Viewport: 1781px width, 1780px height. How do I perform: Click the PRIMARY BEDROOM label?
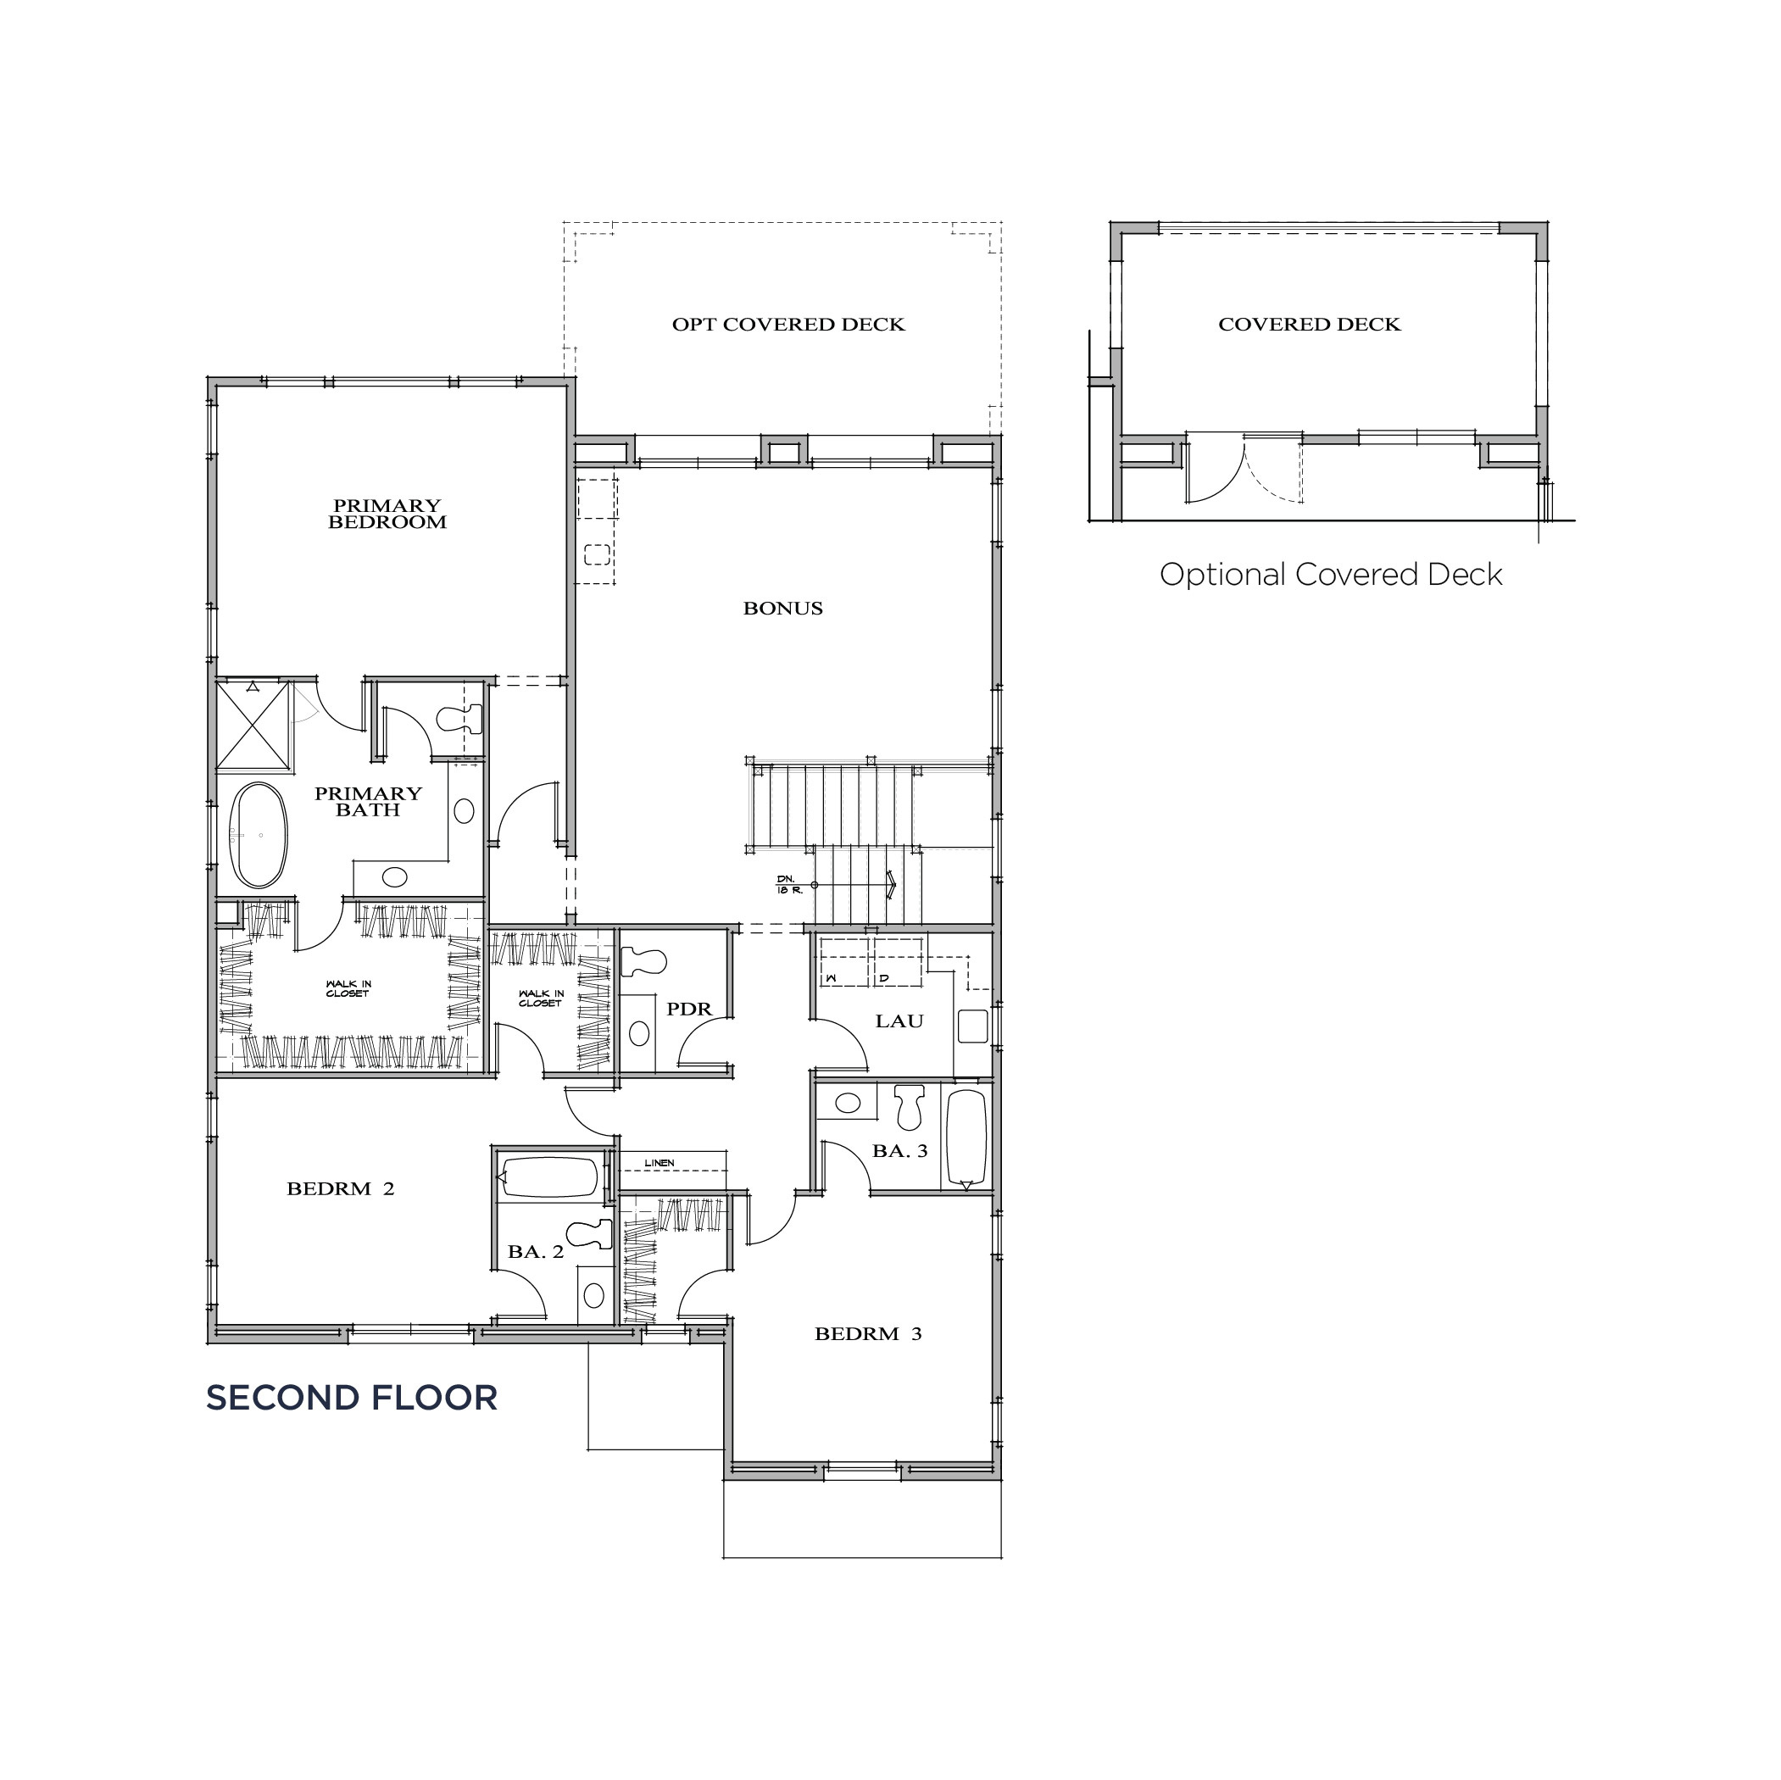point(387,514)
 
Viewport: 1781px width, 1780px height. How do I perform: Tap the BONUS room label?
point(782,609)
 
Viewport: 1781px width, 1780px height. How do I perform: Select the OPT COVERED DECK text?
point(788,325)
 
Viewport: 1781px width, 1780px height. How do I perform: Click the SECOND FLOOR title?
point(351,1399)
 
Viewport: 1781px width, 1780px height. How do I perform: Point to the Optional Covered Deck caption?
point(1330,575)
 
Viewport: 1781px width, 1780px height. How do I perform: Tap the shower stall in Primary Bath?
point(253,725)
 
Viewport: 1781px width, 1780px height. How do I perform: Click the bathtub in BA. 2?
point(548,1177)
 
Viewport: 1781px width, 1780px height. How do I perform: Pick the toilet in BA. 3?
point(910,1105)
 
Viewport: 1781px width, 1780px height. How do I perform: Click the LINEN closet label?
point(660,1162)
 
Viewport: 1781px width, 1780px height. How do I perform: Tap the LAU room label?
point(899,1021)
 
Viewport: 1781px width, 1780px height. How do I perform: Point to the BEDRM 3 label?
point(867,1334)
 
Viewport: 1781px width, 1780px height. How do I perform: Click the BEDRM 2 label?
point(340,1189)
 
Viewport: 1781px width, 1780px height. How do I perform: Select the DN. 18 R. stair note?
point(789,885)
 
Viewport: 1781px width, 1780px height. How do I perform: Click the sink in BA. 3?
point(847,1102)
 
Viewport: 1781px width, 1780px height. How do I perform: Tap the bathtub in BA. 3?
point(966,1139)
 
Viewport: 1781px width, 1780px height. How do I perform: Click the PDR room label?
point(688,1010)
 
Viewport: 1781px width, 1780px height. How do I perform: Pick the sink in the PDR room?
point(639,1033)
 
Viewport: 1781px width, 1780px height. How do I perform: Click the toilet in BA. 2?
point(590,1233)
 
